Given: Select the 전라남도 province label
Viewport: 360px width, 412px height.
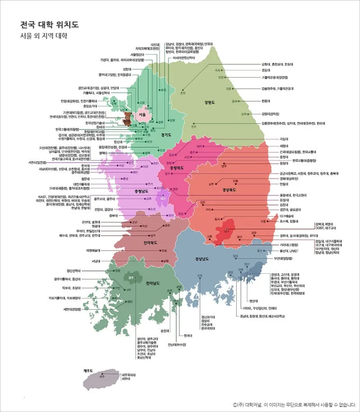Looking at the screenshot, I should pyautogui.click(x=154, y=284).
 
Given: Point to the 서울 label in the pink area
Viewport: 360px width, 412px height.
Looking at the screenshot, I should pyautogui.click(x=142, y=114).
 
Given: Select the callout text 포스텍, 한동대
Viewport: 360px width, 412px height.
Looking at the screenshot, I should pyautogui.click(x=288, y=222).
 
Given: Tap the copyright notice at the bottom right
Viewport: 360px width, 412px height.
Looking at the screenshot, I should pyautogui.click(x=294, y=404).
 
